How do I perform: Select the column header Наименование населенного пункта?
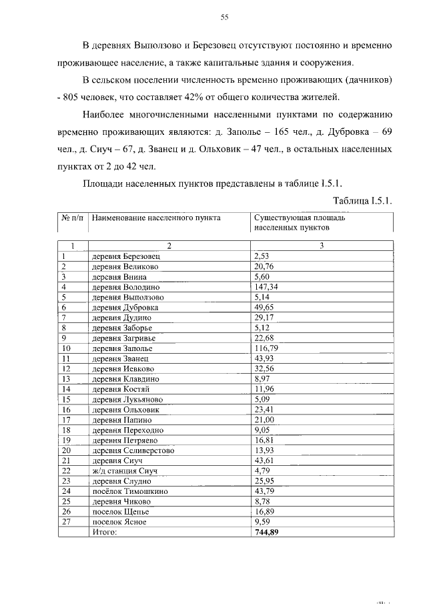(156, 218)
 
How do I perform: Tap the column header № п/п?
(72, 218)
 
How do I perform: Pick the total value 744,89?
(267, 532)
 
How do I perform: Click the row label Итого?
(105, 532)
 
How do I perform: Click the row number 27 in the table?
(66, 522)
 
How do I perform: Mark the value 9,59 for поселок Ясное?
(264, 522)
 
